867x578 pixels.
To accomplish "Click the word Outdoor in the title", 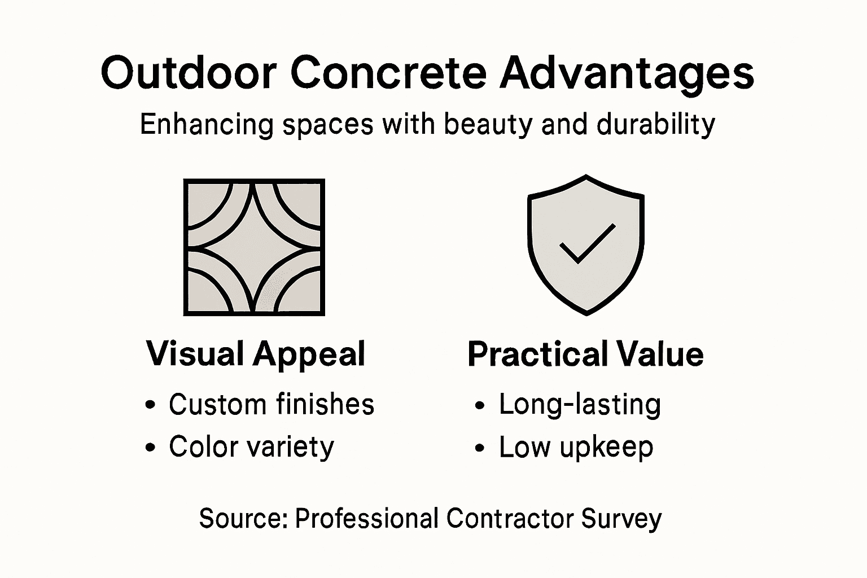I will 189,73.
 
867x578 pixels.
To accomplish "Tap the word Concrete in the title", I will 389,73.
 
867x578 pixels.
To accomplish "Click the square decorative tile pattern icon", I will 254,247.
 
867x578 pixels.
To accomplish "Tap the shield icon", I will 585,244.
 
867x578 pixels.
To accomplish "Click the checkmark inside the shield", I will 586,243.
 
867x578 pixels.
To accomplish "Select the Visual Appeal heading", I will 256,354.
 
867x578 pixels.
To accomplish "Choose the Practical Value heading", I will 585,354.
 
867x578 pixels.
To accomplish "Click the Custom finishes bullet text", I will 272,404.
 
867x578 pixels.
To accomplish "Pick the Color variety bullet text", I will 251,447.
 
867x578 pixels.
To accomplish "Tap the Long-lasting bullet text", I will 580,404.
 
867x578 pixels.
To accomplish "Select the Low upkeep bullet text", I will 576,447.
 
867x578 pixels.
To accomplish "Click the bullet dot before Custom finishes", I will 150,405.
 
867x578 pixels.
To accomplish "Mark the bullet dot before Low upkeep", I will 480,448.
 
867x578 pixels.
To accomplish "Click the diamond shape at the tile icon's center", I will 254,247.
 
